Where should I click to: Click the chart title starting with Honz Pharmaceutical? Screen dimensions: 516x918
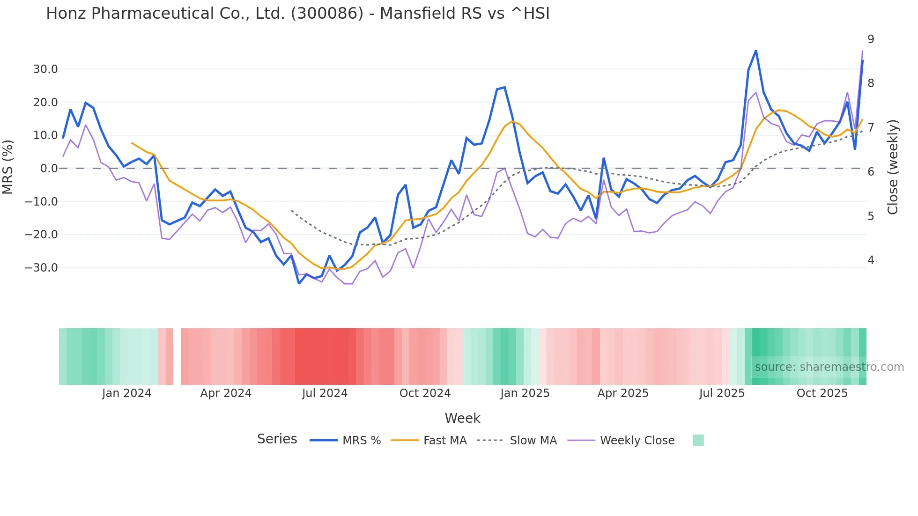point(298,14)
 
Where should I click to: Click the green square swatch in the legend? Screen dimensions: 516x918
point(698,440)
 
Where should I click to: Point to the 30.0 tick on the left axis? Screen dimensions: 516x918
point(45,69)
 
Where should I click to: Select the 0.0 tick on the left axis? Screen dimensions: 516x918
point(49,169)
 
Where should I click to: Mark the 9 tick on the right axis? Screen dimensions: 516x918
point(871,39)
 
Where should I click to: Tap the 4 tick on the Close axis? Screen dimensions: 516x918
point(871,260)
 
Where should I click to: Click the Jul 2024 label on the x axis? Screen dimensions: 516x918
point(325,393)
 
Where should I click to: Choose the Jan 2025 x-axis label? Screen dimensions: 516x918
point(525,393)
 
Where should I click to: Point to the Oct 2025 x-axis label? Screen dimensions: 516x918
point(822,393)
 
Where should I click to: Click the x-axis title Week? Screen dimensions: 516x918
point(462,418)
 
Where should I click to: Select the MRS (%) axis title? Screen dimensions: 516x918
point(8,167)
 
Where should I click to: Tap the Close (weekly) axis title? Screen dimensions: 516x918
point(893,167)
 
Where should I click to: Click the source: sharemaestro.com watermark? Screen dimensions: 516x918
point(829,367)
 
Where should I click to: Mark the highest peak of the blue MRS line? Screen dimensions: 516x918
point(755,51)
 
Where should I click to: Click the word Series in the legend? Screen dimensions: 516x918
point(277,439)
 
